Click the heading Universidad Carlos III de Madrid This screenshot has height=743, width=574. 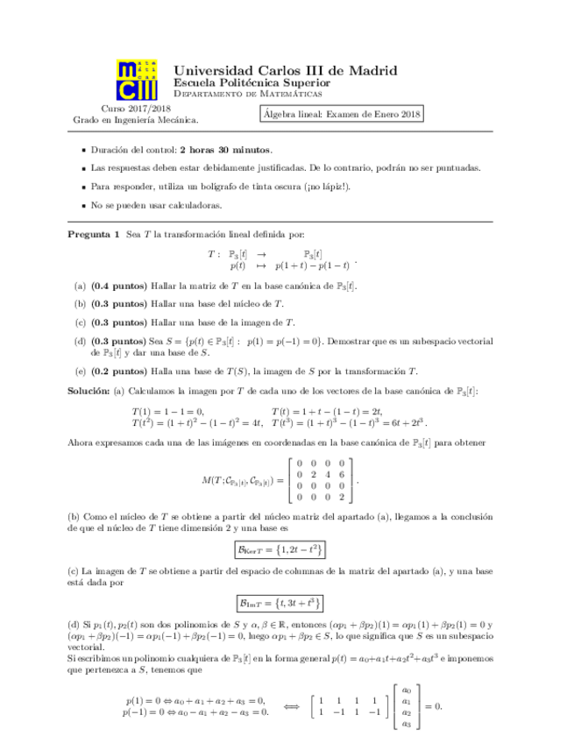(x=285, y=69)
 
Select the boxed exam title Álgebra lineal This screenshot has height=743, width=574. (x=342, y=112)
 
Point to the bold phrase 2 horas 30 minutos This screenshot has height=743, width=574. (x=225, y=150)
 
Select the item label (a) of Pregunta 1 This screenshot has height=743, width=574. (x=80, y=286)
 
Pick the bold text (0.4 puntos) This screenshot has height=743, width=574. (x=119, y=286)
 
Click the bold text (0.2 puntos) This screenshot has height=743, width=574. (x=119, y=370)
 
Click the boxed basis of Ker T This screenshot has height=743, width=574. (x=280, y=549)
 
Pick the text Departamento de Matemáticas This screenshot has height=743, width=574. (x=248, y=93)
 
